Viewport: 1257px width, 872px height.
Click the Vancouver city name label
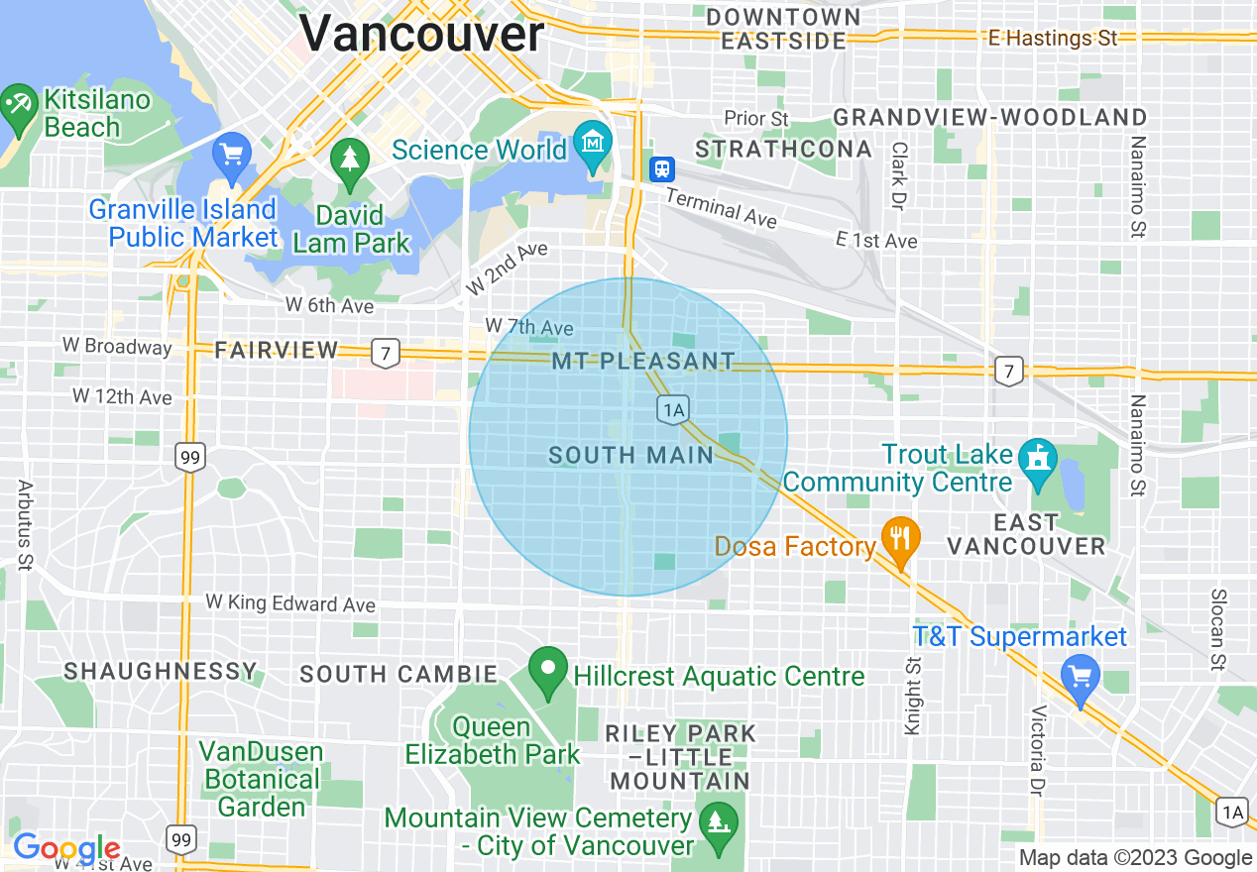click(421, 35)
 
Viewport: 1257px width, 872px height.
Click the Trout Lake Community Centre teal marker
click(1038, 460)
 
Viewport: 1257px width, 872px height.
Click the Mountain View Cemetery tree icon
click(713, 821)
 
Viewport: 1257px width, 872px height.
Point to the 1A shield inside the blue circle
click(672, 408)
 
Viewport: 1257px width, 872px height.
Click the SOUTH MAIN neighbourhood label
click(631, 456)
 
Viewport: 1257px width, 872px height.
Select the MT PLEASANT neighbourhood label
click(643, 362)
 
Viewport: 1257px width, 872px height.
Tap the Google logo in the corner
click(66, 848)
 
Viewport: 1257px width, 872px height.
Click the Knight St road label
click(912, 694)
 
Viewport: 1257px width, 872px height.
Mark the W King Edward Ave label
click(290, 603)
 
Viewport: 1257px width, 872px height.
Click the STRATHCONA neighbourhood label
click(783, 150)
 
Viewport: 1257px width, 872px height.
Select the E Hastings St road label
click(1052, 39)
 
